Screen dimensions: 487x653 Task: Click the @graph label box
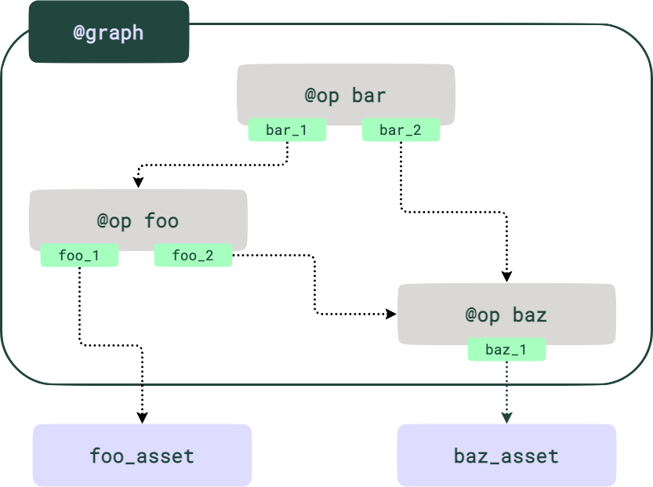click(x=108, y=32)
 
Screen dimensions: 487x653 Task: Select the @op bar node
click(x=346, y=93)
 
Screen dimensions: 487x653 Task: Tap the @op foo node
click(x=138, y=219)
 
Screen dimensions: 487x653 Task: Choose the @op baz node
click(x=506, y=313)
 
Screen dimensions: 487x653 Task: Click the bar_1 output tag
click(x=287, y=131)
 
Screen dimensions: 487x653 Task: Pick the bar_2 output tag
click(x=401, y=131)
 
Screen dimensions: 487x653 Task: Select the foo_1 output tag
click(x=79, y=256)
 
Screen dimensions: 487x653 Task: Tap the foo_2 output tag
click(x=193, y=256)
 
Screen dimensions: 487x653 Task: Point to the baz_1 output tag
click(x=506, y=350)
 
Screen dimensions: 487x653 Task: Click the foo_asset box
click(x=142, y=455)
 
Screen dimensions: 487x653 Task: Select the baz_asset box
click(x=506, y=455)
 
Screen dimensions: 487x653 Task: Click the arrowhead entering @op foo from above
click(x=139, y=182)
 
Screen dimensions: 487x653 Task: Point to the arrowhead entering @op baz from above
click(x=506, y=276)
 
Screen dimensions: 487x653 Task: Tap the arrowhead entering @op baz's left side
click(x=390, y=314)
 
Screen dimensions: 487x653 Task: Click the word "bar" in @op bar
click(x=368, y=96)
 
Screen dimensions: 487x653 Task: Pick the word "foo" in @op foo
click(x=161, y=221)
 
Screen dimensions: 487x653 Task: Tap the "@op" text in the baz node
click(x=483, y=315)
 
